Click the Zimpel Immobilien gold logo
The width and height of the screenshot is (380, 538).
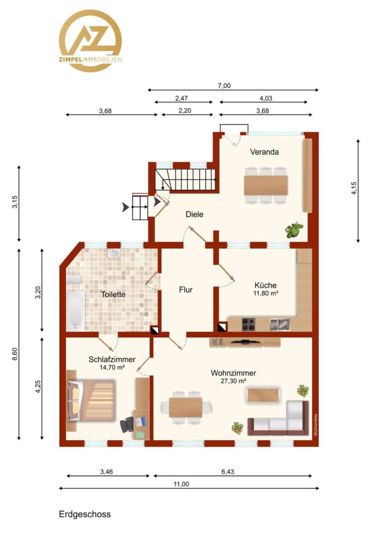91,40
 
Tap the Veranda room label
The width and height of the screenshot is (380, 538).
264,151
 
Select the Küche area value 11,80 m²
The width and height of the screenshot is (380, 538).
266,293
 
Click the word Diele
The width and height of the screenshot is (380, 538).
194,214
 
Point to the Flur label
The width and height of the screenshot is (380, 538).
186,290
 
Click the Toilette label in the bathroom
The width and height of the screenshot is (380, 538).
113,294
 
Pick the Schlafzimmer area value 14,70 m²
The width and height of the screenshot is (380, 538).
112,367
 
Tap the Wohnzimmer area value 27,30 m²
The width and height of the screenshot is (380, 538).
233,381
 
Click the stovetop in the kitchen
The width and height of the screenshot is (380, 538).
248,324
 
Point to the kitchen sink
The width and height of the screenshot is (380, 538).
280,324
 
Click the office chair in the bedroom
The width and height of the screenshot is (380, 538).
127,424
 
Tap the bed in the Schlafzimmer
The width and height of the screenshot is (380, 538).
91,400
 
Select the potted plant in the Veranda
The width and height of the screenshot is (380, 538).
294,230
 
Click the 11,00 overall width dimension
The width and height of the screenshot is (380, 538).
181,484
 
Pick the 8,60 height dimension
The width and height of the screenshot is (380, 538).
15,354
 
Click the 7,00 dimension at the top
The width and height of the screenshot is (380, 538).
224,86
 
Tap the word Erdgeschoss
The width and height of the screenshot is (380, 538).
85,514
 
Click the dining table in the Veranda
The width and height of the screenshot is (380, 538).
266,186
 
